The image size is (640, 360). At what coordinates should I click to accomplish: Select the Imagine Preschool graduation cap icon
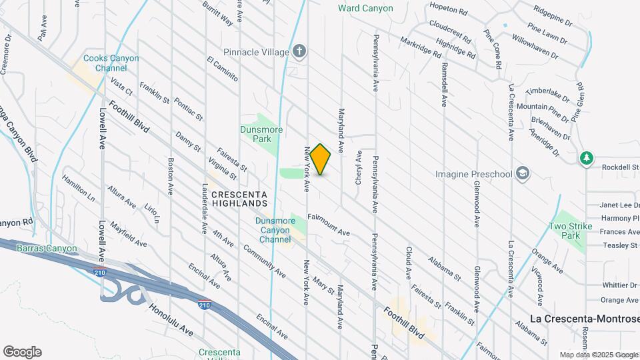click(x=524, y=175)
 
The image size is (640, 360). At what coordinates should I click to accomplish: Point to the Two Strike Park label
click(x=567, y=231)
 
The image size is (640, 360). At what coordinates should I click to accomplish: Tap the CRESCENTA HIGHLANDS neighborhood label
click(x=239, y=198)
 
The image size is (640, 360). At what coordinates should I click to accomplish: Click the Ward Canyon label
click(x=365, y=9)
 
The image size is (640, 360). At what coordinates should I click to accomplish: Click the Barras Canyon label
click(x=47, y=249)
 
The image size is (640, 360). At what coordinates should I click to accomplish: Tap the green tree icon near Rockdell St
click(x=586, y=158)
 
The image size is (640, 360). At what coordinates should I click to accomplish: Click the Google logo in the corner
click(x=22, y=351)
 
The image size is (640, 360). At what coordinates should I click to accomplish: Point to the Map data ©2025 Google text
click(x=598, y=355)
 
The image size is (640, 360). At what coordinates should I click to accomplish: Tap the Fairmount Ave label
click(x=329, y=225)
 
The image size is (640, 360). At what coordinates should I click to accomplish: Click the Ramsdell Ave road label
click(x=443, y=83)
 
